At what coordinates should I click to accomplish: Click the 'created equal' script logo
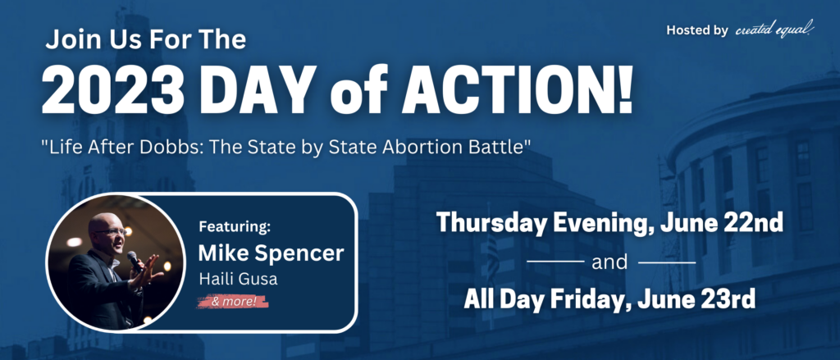pyautogui.click(x=774, y=30)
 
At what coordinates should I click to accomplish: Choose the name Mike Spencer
pyautogui.click(x=271, y=253)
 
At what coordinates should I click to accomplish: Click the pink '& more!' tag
pyautogui.click(x=232, y=302)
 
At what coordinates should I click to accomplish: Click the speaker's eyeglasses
pyautogui.click(x=112, y=231)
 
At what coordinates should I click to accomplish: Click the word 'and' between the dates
pyautogui.click(x=610, y=262)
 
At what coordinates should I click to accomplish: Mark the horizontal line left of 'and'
pyautogui.click(x=555, y=262)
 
